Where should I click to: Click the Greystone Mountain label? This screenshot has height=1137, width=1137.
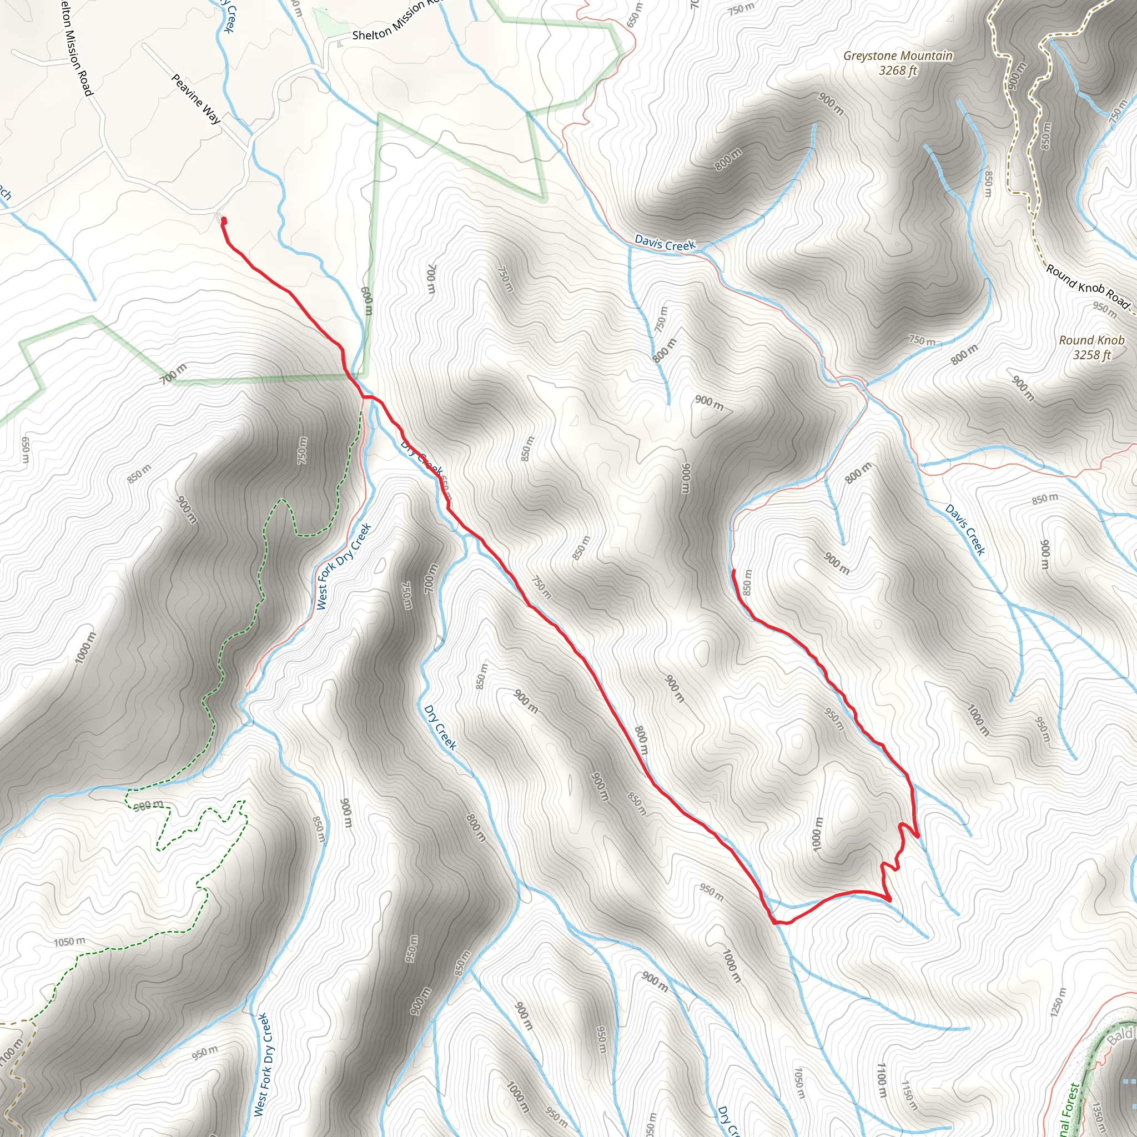point(898,56)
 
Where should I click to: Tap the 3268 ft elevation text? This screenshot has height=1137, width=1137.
point(898,71)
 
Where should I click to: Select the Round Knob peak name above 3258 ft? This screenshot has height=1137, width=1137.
point(1091,340)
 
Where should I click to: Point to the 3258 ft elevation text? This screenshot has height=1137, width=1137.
point(1091,355)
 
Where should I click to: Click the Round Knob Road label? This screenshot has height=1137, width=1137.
point(1088,286)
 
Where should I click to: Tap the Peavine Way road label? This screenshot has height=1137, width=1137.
point(196,98)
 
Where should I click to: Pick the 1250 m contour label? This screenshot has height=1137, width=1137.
point(1058,1002)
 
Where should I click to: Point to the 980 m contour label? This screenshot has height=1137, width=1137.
point(148,805)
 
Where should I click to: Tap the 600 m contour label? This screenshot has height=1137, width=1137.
point(366,301)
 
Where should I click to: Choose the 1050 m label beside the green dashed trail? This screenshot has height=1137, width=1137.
point(69,942)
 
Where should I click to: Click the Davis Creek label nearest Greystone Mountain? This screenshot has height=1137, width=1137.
point(665,243)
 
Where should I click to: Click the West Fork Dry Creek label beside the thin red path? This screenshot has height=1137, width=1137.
point(344,566)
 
